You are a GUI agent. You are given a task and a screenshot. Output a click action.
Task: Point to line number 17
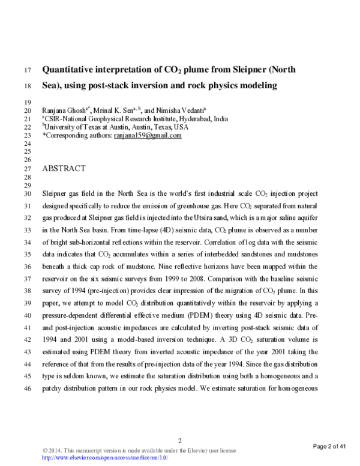coord(26,70)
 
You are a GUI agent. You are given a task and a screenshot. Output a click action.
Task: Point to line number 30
coord(26,195)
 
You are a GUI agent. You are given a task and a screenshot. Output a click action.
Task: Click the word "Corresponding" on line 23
coord(67,136)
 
